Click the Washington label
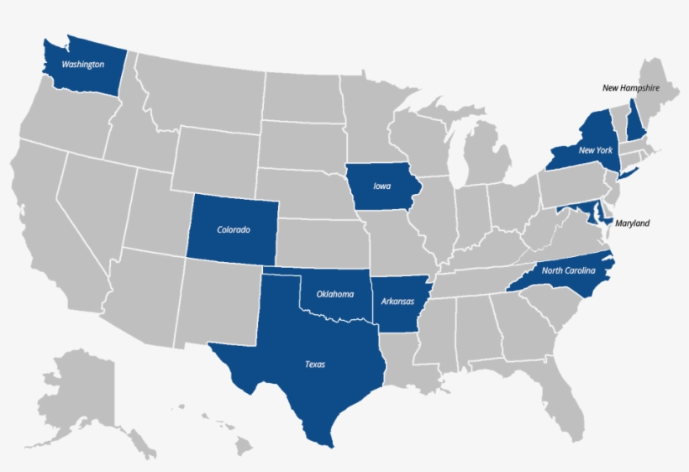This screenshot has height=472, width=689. click(x=82, y=64)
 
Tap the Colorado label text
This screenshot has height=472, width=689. click(x=234, y=229)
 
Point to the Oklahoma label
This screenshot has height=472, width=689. click(x=334, y=294)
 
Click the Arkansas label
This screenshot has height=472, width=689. click(x=395, y=301)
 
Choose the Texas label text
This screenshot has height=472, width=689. click(x=314, y=364)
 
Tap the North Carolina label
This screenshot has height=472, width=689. click(x=568, y=270)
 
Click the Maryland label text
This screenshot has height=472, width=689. click(x=632, y=223)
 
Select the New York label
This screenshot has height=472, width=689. click(x=594, y=150)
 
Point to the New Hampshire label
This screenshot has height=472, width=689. click(x=630, y=87)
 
